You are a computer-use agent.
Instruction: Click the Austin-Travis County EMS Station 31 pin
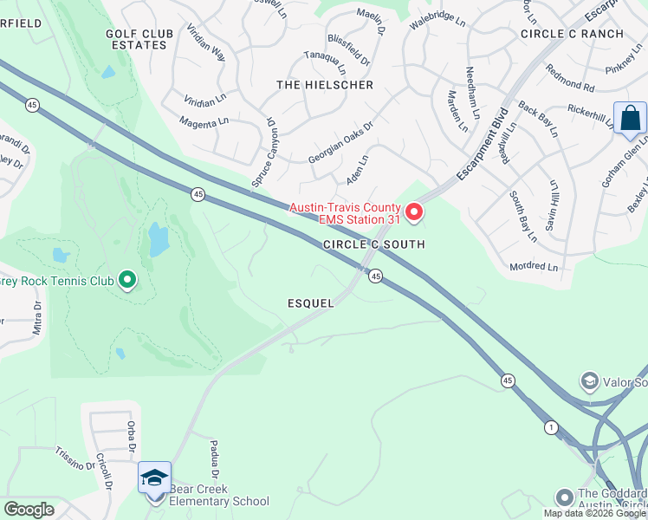[414, 211]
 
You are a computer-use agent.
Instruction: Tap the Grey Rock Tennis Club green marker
[127, 279]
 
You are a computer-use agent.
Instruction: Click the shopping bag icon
[630, 118]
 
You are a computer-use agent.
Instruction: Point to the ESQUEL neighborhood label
[312, 302]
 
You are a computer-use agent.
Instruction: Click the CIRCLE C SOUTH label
[374, 245]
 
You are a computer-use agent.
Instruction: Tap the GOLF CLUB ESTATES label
[137, 39]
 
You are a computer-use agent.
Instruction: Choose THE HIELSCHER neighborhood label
[325, 85]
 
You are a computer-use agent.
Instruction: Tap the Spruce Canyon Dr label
[262, 153]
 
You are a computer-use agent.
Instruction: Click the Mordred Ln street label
[534, 267]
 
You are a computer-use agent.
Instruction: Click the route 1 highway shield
[550, 427]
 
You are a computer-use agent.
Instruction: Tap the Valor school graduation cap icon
[589, 381]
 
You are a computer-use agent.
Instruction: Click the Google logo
[29, 510]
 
